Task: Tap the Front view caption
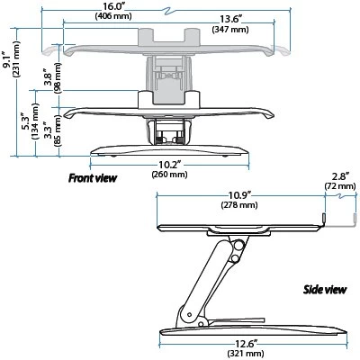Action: pos(93,178)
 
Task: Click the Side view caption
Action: pos(322,292)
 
